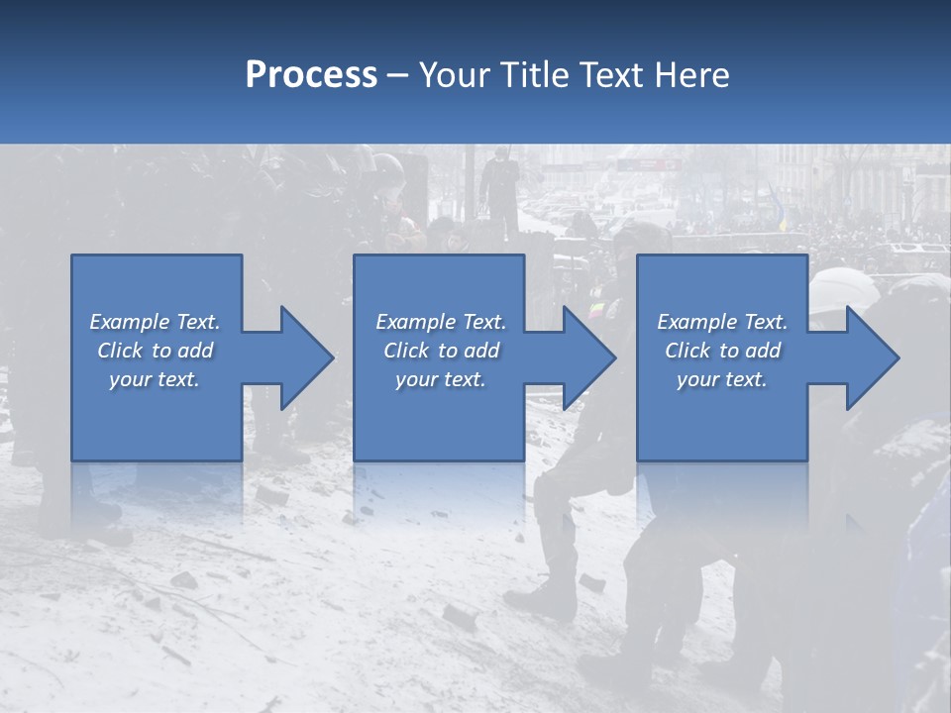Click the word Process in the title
click(x=311, y=75)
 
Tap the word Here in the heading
click(x=692, y=75)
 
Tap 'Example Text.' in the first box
click(x=155, y=322)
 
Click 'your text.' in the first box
click(x=155, y=379)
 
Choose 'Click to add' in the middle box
click(x=441, y=351)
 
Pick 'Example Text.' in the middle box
click(x=441, y=322)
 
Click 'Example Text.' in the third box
click(x=722, y=322)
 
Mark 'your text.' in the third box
click(x=722, y=379)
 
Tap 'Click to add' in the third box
click(x=722, y=351)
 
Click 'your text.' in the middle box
click(x=441, y=379)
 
